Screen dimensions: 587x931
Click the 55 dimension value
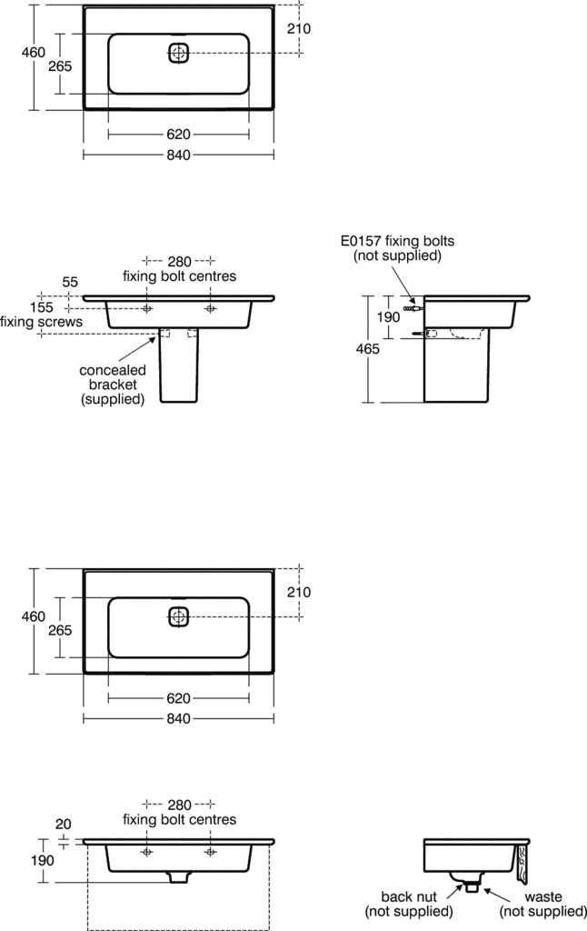(x=70, y=282)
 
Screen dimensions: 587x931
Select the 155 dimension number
(x=41, y=307)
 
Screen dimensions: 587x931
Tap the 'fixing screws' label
(x=41, y=322)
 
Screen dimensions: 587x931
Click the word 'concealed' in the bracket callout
(x=112, y=371)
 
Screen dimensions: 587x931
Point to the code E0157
(x=361, y=241)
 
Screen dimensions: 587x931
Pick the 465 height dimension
(x=367, y=349)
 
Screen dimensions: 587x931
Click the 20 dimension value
(x=63, y=824)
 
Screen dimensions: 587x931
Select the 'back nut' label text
(x=409, y=896)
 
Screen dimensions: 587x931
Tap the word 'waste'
(x=543, y=896)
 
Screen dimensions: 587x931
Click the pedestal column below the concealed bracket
(x=179, y=365)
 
